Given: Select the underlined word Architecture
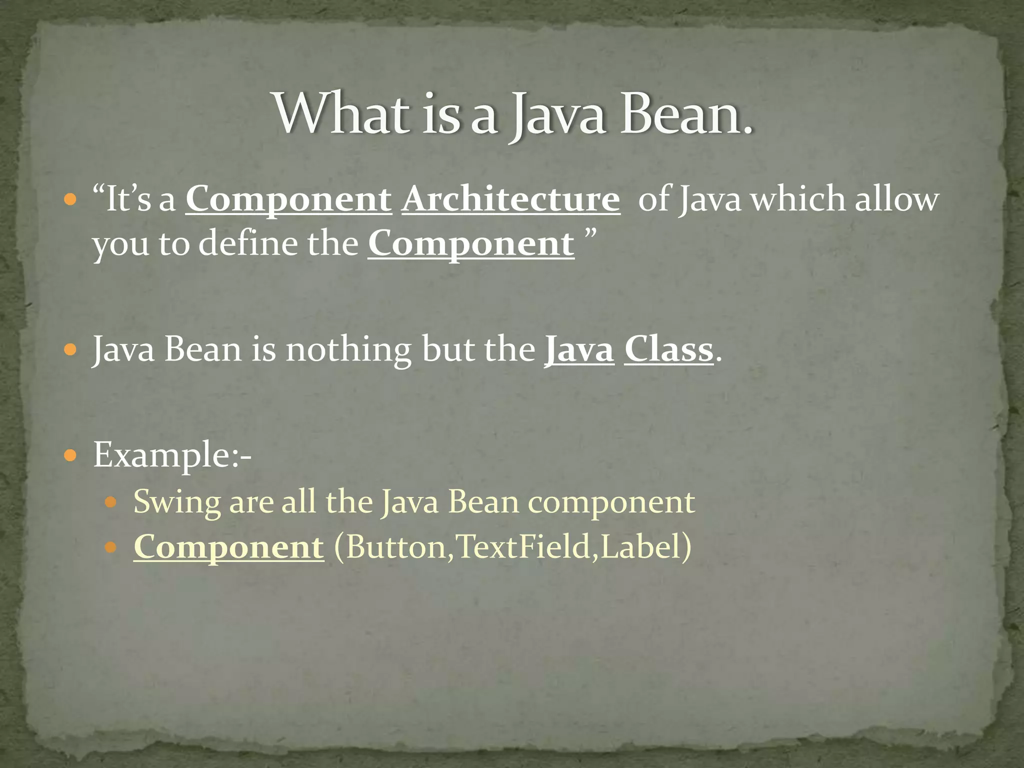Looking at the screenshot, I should point(510,200).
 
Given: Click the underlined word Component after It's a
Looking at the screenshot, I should point(288,200).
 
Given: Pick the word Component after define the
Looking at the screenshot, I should point(471,244).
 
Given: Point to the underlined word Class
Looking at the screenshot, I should point(668,349).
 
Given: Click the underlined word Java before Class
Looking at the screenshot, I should point(579,349).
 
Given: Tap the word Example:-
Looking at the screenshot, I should point(172,454).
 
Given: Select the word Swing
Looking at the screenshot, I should point(176,502).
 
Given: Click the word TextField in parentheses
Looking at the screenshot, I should point(523,547).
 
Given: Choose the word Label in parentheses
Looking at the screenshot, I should point(641,547).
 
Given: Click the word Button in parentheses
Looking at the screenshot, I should point(395,547).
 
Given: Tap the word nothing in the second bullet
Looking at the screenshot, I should point(348,349).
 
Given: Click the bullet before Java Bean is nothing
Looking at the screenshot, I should point(70,349).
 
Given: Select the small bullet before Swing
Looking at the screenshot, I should point(111,502).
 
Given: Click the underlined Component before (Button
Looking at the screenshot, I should point(228,547).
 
